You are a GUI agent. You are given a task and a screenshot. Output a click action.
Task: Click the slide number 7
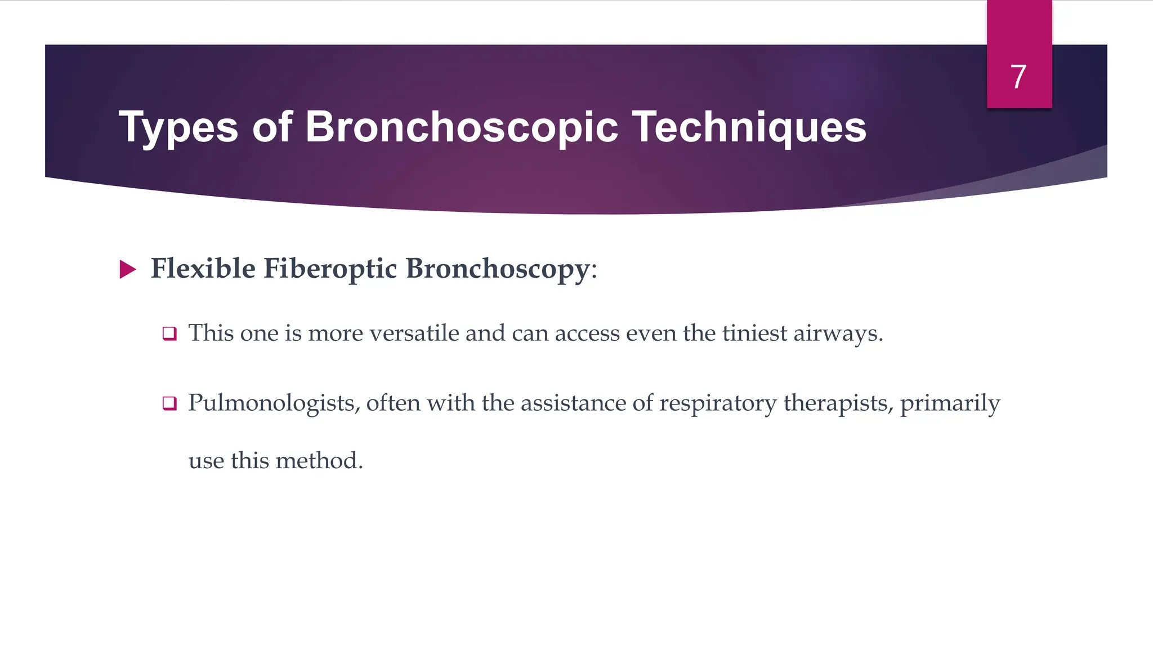[x=1018, y=77]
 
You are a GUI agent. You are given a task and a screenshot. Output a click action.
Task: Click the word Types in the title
[x=178, y=128]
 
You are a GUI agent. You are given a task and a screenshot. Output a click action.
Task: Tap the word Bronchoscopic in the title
[x=462, y=127]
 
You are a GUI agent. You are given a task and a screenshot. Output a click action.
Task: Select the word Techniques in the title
[x=749, y=127]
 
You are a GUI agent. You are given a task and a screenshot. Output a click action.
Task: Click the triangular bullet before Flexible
[x=128, y=269]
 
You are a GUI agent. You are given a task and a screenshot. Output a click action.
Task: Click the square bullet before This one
[x=169, y=334]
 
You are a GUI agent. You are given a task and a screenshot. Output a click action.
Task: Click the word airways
[x=838, y=334]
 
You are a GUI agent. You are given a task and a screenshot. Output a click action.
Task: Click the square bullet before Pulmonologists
[x=169, y=403]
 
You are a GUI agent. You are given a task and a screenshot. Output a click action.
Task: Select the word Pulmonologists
[x=274, y=403]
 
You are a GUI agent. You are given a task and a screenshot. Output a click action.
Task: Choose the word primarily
[x=950, y=404]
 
